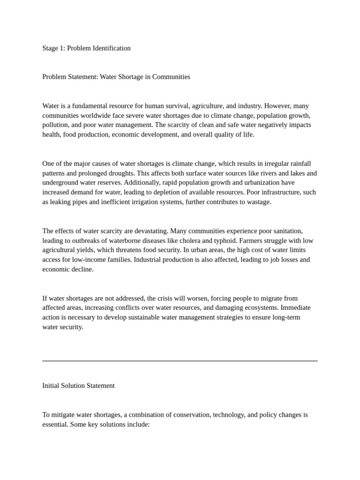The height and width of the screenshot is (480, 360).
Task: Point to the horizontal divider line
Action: (180, 361)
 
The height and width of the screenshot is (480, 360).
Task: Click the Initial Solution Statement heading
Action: (78, 386)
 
